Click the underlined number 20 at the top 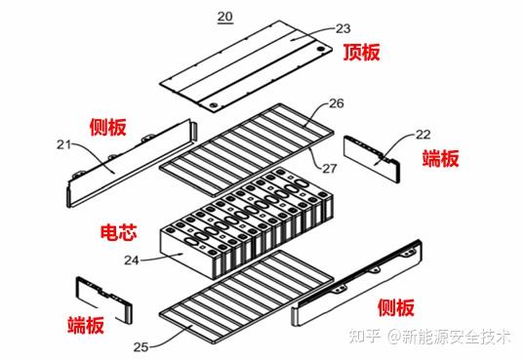pos(225,17)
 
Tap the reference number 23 pos(343,28)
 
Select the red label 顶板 pos(362,52)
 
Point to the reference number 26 pos(337,103)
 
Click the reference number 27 pos(330,168)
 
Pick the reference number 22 pos(423,135)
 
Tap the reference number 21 pos(63,144)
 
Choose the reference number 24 pos(132,260)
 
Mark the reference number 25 pos(141,347)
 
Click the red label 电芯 pos(119,232)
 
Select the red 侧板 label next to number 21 pos(108,127)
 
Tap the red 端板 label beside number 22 pos(441,158)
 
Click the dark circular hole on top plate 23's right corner pos(321,49)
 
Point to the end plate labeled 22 pos(372,158)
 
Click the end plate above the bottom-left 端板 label pos(104,300)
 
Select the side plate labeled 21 pos(132,164)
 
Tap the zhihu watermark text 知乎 pos(365,336)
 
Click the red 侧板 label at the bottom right pos(396,307)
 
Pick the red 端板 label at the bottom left pos(86,325)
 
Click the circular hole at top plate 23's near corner pos(213,106)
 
